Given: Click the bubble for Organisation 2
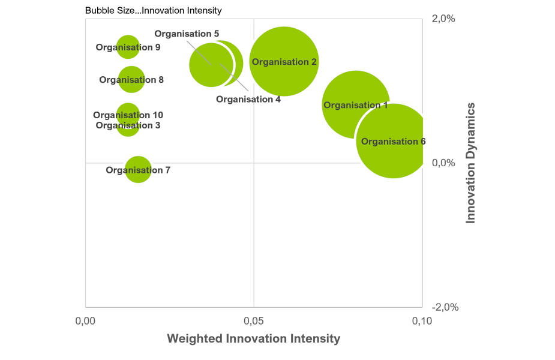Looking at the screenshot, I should coord(284,61).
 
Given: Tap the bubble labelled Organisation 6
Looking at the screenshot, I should coord(393,142).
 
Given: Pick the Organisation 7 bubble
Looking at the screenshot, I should coord(138,170).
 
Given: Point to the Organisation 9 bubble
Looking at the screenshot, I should coord(128,47).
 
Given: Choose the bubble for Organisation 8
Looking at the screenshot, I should coord(131,79).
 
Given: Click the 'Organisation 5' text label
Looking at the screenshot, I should coord(187,34).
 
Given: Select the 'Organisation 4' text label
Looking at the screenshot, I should coord(248,99).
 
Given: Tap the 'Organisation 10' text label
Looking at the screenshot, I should coord(128,115).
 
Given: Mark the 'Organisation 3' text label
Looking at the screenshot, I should coord(128,125).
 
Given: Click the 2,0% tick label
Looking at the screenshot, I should coord(443,18).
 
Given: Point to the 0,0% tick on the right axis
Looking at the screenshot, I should coord(443,163).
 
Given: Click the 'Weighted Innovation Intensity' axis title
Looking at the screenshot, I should coord(253,339).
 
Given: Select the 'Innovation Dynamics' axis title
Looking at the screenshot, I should coord(471,163).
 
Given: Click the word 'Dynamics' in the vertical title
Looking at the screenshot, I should coord(471,131).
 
